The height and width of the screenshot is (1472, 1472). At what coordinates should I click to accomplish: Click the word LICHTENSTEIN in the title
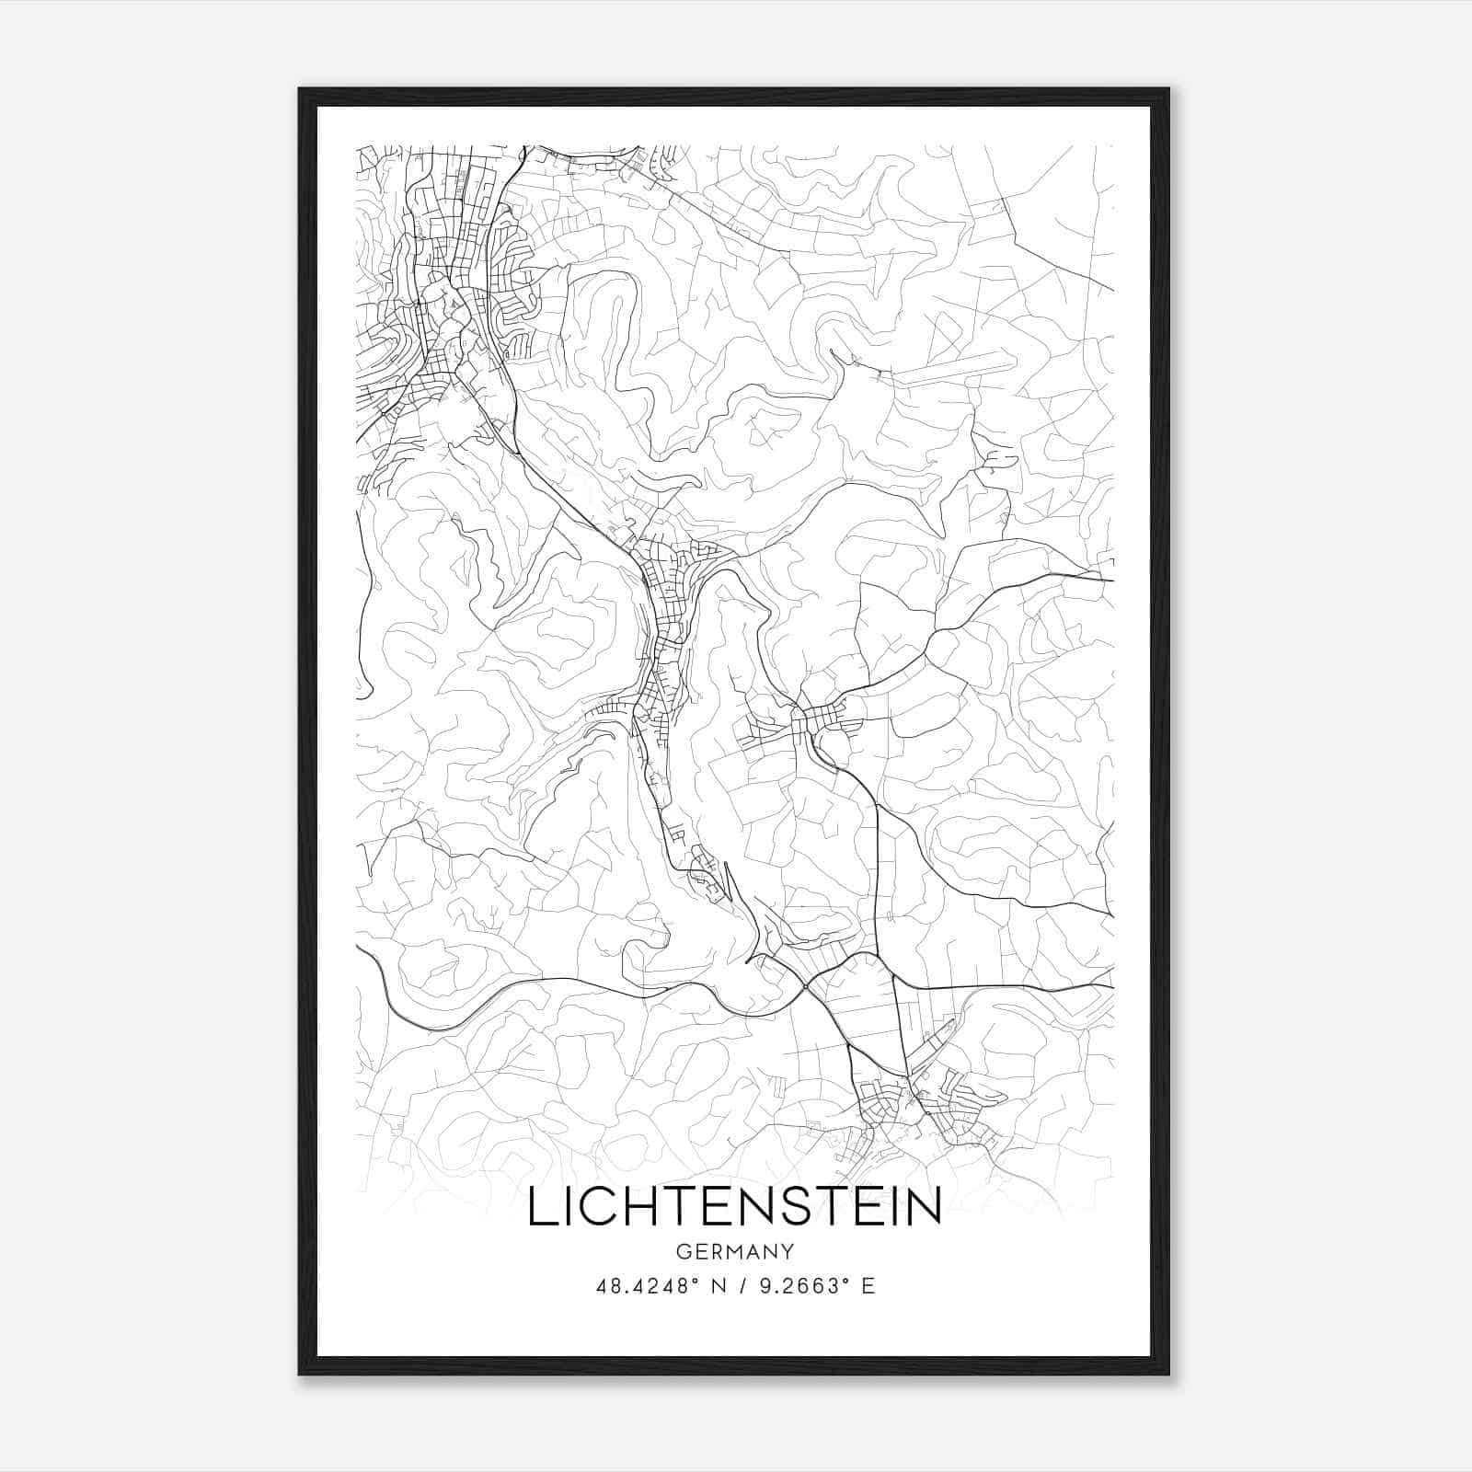(734, 1207)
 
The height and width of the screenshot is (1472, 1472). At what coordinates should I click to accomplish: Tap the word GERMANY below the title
(734, 1252)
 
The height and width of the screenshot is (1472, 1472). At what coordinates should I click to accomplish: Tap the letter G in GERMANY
(682, 1252)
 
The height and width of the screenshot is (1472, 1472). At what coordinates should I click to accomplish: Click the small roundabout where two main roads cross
(805, 987)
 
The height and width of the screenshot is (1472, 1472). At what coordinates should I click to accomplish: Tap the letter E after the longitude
(868, 1286)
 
